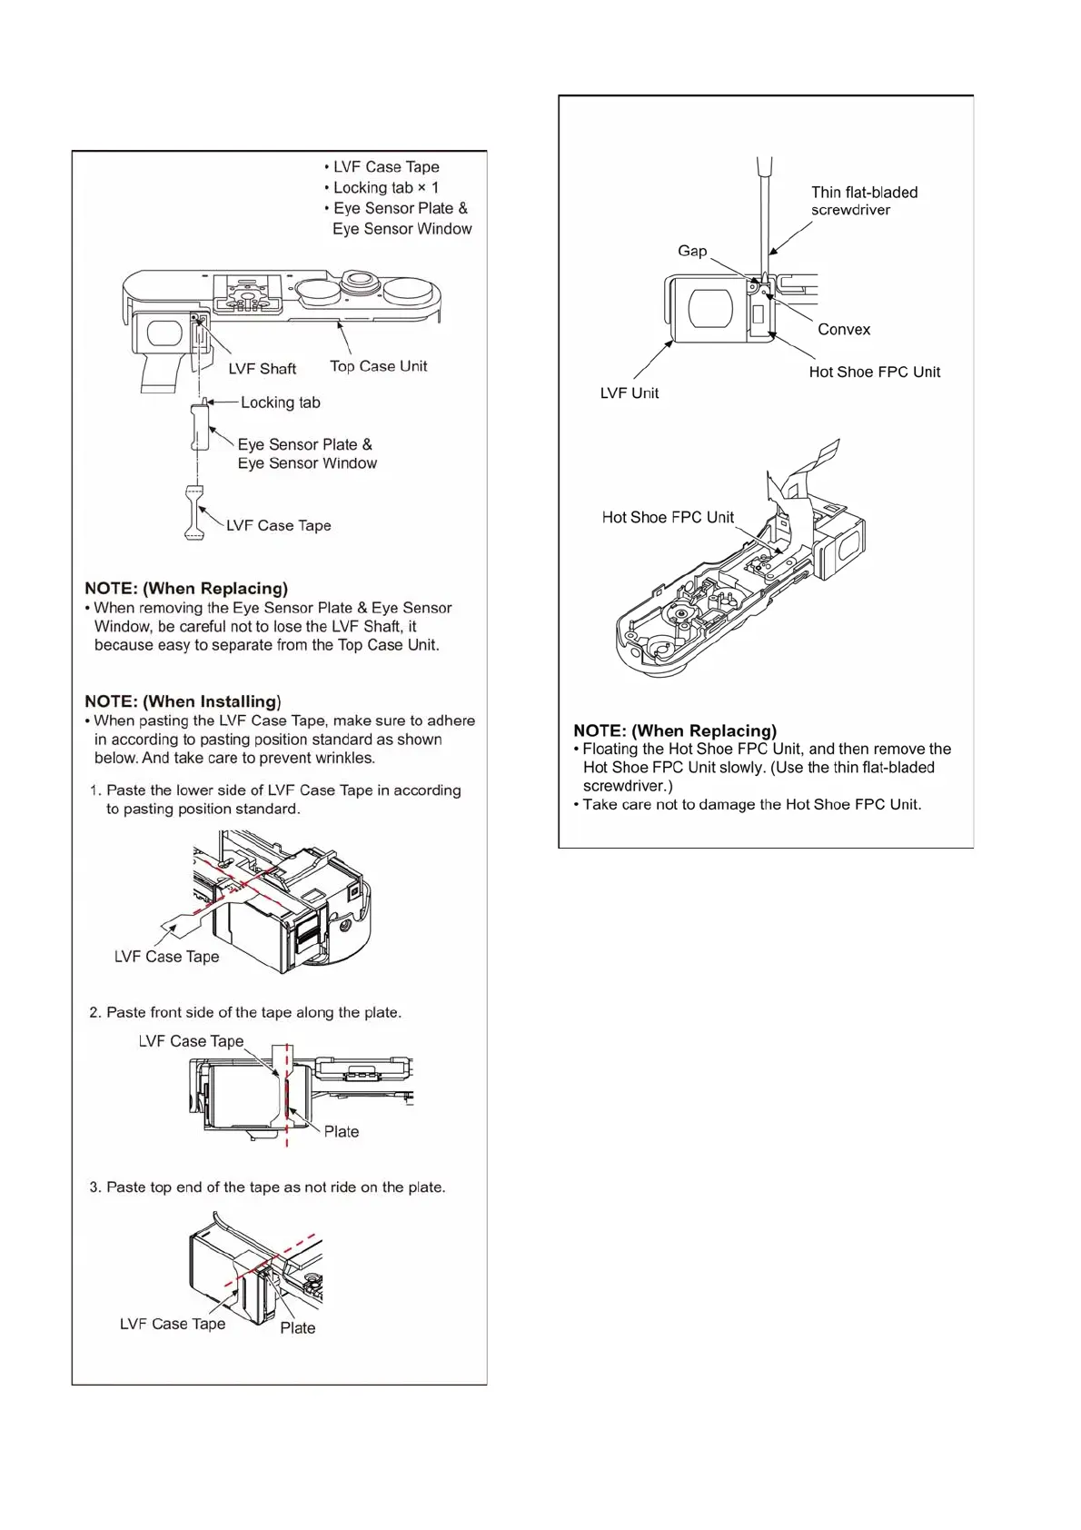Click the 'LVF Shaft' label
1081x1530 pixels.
pyautogui.click(x=262, y=369)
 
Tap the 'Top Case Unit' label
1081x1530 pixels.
pyautogui.click(x=378, y=366)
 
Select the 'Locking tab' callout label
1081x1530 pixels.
pyautogui.click(x=280, y=402)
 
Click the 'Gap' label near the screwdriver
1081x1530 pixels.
pyautogui.click(x=691, y=251)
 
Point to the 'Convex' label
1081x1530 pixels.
pyautogui.click(x=843, y=330)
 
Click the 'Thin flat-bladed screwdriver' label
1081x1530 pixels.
pyautogui.click(x=863, y=201)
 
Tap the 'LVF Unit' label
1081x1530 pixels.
pyautogui.click(x=629, y=393)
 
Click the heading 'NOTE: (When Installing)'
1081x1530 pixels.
pyautogui.click(x=183, y=701)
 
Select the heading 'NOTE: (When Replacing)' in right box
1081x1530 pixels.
pyautogui.click(x=675, y=730)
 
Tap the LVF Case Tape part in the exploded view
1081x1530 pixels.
pyautogui.click(x=193, y=513)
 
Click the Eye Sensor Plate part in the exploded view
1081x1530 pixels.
pyautogui.click(x=200, y=428)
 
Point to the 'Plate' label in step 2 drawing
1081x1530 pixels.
pyautogui.click(x=341, y=1132)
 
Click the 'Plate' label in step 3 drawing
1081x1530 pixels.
pyautogui.click(x=297, y=1328)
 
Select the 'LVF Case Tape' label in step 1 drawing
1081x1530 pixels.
pyautogui.click(x=166, y=957)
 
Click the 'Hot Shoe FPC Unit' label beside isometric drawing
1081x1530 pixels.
pyautogui.click(x=668, y=518)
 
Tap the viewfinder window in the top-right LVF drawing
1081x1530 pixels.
pyautogui.click(x=710, y=309)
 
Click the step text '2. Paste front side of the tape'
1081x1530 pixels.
pyautogui.click(x=245, y=1012)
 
